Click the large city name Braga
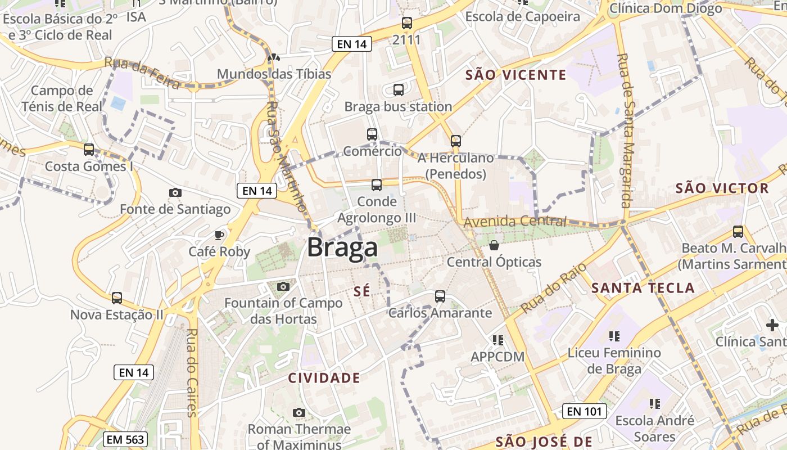342,248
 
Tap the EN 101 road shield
585,411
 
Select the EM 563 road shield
125,439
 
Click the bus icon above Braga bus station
399,89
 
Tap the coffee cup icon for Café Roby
219,235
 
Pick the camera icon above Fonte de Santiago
175,192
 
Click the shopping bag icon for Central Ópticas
494,245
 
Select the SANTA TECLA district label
643,288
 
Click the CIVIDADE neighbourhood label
324,378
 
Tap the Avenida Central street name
515,221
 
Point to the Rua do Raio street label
554,287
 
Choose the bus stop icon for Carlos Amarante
440,296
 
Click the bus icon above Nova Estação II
117,298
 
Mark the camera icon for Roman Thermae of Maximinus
299,413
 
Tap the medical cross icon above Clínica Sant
772,325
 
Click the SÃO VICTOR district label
722,188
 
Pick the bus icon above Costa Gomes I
89,149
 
